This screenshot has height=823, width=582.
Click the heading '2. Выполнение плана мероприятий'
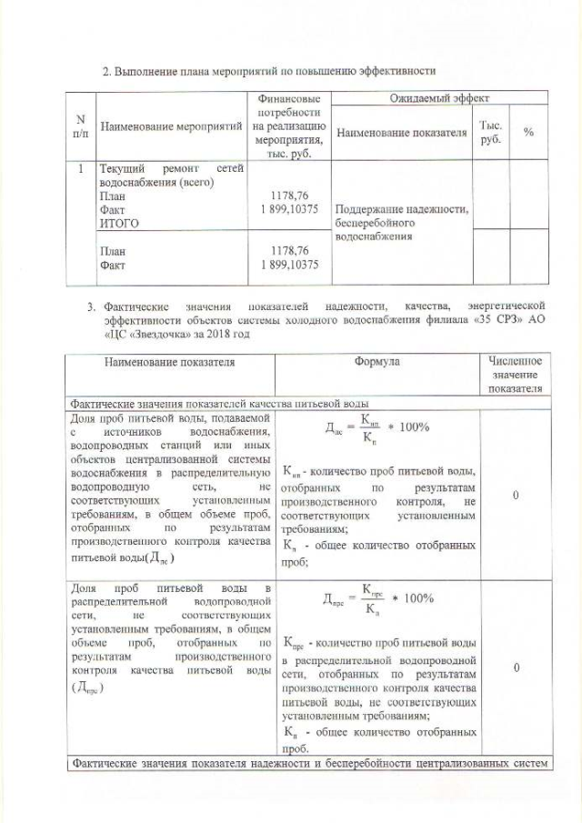click(269, 69)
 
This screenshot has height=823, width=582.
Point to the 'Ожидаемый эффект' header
click(439, 96)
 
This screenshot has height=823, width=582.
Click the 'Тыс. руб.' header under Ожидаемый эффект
click(492, 133)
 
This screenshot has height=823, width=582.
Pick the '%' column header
click(527, 133)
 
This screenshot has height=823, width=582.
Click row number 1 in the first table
click(81, 168)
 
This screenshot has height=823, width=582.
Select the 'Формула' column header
click(377, 362)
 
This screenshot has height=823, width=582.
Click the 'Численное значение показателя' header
click(515, 375)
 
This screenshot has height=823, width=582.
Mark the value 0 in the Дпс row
click(515, 496)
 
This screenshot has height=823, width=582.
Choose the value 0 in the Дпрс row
click(515, 668)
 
